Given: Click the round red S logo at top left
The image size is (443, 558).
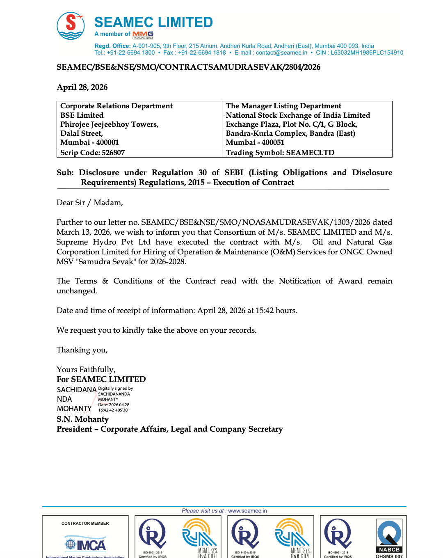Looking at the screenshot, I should (x=71, y=26).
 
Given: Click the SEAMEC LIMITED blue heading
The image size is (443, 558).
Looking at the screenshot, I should (x=153, y=22).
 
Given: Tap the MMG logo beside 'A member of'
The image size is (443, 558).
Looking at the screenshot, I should (x=143, y=34).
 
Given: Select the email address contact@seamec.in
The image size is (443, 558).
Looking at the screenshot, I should (x=281, y=53).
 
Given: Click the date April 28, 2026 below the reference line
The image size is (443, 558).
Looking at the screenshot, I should (x=82, y=87).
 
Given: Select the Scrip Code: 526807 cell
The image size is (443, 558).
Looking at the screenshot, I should (x=93, y=153).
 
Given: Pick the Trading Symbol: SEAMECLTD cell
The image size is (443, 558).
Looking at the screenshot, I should (x=280, y=153).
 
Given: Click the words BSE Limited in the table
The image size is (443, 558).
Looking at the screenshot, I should (x=82, y=115).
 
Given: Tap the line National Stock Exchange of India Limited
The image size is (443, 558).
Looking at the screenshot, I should (x=298, y=115).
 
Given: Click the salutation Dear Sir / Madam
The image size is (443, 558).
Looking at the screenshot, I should (x=90, y=203).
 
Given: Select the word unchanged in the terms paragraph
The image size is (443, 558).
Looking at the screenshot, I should (x=77, y=291).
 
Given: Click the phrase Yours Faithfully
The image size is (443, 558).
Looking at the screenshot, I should (x=86, y=370).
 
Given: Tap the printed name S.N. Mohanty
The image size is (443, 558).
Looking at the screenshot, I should (x=83, y=419).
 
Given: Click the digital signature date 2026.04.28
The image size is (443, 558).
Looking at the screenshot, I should (x=119, y=405).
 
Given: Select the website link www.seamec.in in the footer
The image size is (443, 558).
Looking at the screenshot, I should (x=247, y=511).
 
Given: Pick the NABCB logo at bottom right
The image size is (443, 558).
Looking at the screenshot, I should (x=389, y=537).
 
